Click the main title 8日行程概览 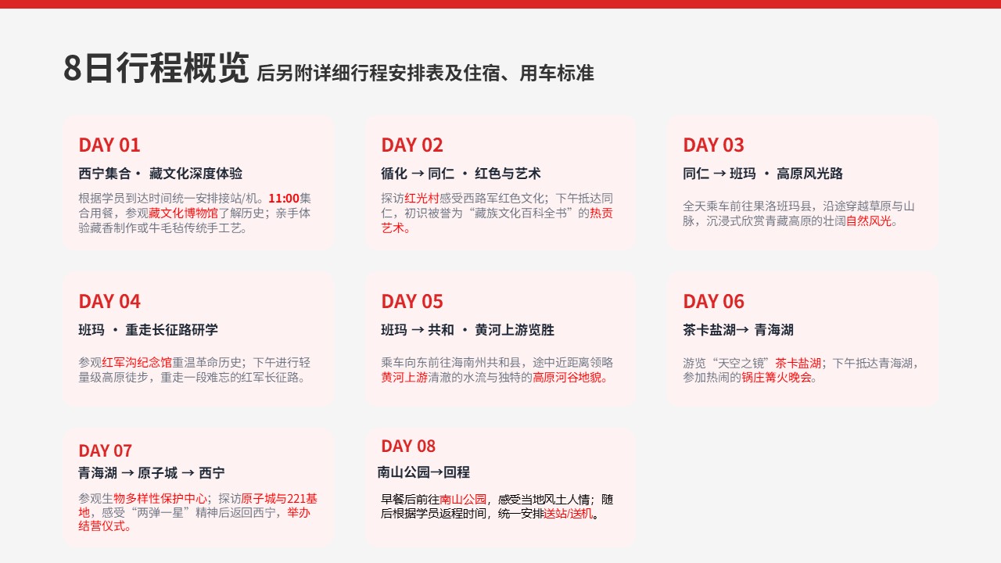pyautogui.click(x=156, y=67)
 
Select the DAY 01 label pyautogui.click(x=109, y=145)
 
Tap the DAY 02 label pyautogui.click(x=412, y=145)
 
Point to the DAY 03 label pyautogui.click(x=714, y=145)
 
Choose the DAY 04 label pyautogui.click(x=109, y=302)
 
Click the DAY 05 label pyautogui.click(x=412, y=302)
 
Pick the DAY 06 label pyautogui.click(x=714, y=302)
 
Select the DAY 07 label pyautogui.click(x=105, y=451)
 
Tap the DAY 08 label pyautogui.click(x=408, y=446)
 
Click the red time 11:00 pyautogui.click(x=284, y=199)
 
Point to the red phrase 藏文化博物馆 pyautogui.click(x=183, y=213)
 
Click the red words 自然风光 pyautogui.click(x=869, y=221)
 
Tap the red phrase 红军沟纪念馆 pyautogui.click(x=137, y=362)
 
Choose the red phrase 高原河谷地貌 pyautogui.click(x=567, y=378)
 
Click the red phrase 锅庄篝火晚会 pyautogui.click(x=777, y=378)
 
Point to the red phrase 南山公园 pyautogui.click(x=463, y=499)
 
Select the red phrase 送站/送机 pyautogui.click(x=568, y=514)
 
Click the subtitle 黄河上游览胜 pyautogui.click(x=515, y=330)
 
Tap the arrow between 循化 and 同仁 pyautogui.click(x=418, y=174)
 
